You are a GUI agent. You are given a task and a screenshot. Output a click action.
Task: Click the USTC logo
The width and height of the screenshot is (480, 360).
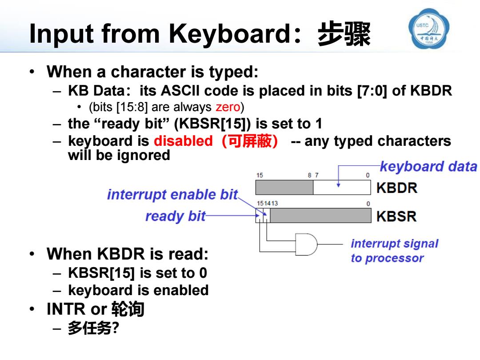tap(429, 28)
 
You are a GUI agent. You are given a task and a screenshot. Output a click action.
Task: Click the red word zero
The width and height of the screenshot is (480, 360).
tap(228, 107)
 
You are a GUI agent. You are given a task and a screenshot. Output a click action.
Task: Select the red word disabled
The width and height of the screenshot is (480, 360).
tap(183, 141)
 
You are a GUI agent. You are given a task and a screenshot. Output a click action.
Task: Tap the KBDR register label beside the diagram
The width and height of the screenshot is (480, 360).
tap(397, 188)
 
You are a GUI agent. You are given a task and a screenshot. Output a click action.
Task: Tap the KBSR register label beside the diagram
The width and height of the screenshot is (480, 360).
tap(396, 216)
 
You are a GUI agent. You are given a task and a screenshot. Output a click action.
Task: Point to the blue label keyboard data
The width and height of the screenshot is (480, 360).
tap(428, 167)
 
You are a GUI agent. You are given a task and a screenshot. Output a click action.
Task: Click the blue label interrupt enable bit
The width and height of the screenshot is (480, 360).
tap(172, 194)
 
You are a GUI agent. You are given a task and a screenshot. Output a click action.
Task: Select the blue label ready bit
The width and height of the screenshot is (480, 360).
tap(176, 216)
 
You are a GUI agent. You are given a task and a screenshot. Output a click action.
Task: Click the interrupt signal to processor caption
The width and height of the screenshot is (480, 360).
tap(395, 251)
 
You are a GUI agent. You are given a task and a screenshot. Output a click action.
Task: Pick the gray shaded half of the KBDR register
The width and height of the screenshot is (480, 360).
tap(284, 188)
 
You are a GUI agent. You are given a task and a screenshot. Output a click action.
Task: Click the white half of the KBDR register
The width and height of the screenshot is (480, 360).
tap(342, 188)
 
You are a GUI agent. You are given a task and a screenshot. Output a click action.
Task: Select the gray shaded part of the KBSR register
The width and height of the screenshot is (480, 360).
tap(320, 216)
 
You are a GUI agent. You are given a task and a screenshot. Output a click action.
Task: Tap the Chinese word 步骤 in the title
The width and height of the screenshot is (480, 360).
tap(344, 34)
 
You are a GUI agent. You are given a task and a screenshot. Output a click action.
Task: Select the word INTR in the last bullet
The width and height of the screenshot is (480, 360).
tap(66, 309)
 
